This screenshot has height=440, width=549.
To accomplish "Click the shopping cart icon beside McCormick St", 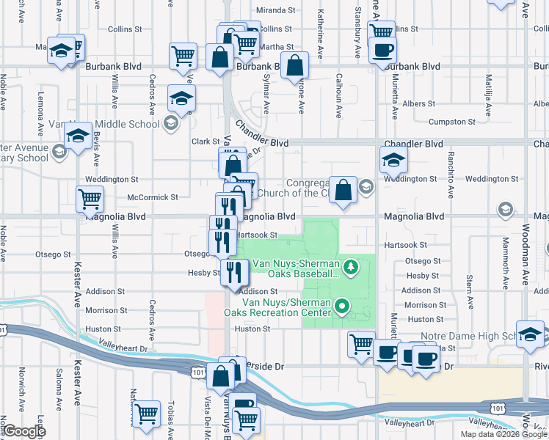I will point(90,198).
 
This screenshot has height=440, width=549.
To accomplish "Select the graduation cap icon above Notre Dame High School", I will point(530,334).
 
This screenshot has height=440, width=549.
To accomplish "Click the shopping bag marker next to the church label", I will point(343,189).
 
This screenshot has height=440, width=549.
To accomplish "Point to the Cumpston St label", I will point(448,122).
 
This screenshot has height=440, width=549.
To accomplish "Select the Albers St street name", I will point(419,104).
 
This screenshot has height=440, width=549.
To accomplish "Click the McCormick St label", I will point(153,197).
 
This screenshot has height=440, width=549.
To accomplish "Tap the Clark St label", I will point(206,142).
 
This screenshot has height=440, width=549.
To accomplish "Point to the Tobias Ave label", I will point(170,415).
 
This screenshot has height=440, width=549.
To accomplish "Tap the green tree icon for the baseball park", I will point(352,265).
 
